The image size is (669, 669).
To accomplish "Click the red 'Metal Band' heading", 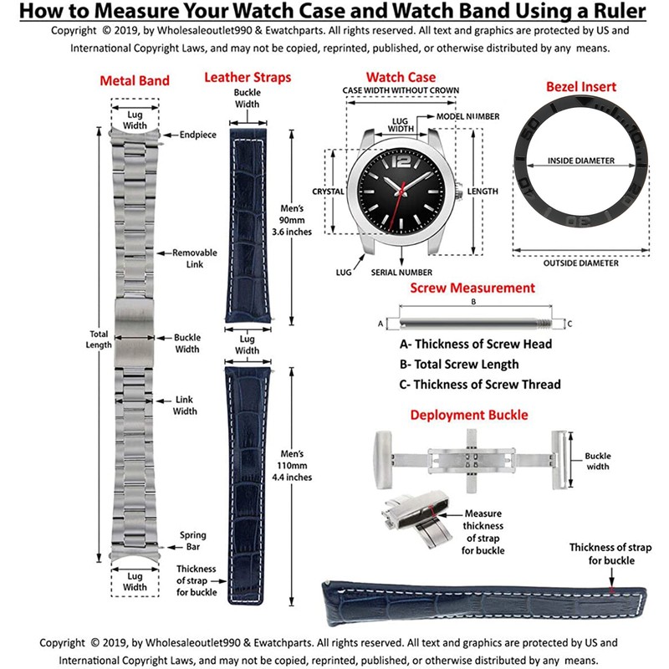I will (x=135, y=81).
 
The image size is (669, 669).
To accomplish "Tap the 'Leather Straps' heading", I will (x=248, y=78).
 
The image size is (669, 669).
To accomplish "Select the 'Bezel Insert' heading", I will (x=581, y=86).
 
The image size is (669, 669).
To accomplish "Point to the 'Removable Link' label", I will (x=195, y=258).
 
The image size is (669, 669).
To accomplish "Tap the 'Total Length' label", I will (x=100, y=340).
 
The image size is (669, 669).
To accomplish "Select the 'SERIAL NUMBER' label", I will (x=402, y=273).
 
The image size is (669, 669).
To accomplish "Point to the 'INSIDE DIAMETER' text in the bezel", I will (x=581, y=161).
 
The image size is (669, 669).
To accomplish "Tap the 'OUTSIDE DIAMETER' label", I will (x=581, y=263).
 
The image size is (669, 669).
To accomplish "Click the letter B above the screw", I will (x=473, y=301).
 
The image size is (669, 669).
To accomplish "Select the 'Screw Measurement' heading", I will (x=472, y=288).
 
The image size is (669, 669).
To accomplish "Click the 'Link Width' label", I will (x=185, y=405).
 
